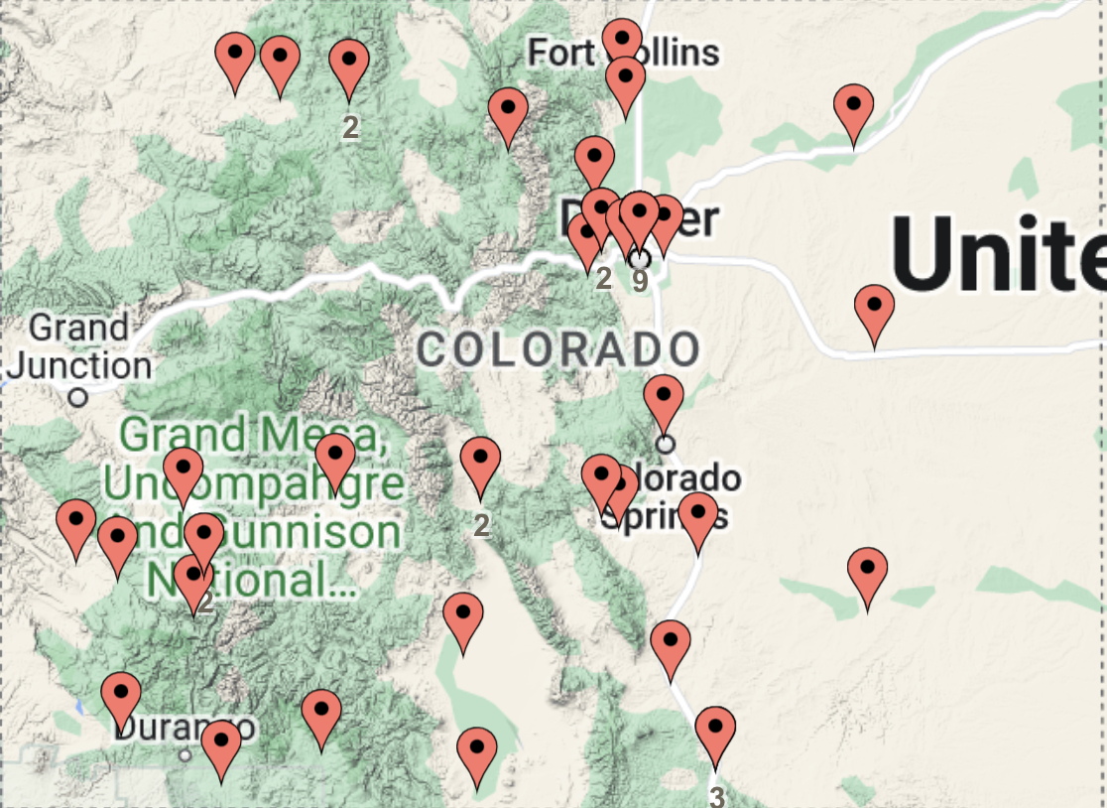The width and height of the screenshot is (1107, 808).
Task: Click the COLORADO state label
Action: (x=558, y=349)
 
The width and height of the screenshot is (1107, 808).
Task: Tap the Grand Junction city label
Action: (x=79, y=346)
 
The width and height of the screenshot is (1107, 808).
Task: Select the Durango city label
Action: (x=184, y=728)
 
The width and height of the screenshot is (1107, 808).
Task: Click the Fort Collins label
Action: (x=623, y=53)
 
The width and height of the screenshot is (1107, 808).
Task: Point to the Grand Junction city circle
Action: (x=78, y=397)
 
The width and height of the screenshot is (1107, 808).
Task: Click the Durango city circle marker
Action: (x=184, y=755)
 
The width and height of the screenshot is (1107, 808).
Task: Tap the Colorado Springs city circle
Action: (x=665, y=443)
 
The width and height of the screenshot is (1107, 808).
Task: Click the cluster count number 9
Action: (x=640, y=281)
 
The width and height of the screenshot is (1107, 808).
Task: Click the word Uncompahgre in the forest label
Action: (x=253, y=485)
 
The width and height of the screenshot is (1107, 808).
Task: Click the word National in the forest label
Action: (x=253, y=580)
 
